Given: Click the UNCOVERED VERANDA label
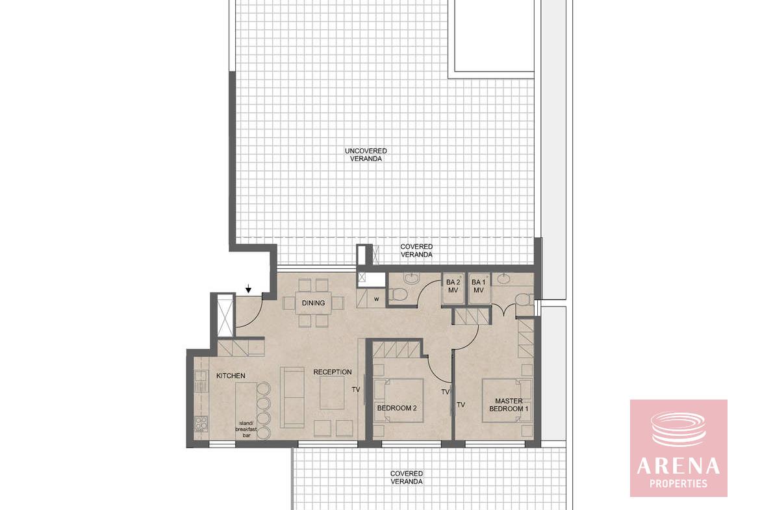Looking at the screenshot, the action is pyautogui.click(x=366, y=155).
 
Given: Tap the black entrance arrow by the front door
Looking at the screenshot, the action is pyautogui.click(x=249, y=289).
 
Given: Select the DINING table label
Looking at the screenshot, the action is pyautogui.click(x=313, y=303).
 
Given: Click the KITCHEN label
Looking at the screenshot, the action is pyautogui.click(x=231, y=376).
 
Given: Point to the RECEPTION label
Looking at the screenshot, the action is pyautogui.click(x=333, y=372).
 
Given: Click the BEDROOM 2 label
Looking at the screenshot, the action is pyautogui.click(x=397, y=408).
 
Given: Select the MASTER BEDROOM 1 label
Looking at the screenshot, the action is pyautogui.click(x=509, y=405).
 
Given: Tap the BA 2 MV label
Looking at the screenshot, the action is pyautogui.click(x=453, y=287).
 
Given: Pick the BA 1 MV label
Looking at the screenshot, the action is pyautogui.click(x=478, y=287).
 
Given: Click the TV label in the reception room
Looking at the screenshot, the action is pyautogui.click(x=356, y=389).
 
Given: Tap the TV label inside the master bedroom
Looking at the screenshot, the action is pyautogui.click(x=461, y=404).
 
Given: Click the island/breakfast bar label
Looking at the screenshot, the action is pyautogui.click(x=246, y=429).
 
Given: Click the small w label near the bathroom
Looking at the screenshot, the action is pyautogui.click(x=376, y=299).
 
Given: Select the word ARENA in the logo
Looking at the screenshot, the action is pyautogui.click(x=678, y=466).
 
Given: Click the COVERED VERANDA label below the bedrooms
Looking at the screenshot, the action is pyautogui.click(x=407, y=478).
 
